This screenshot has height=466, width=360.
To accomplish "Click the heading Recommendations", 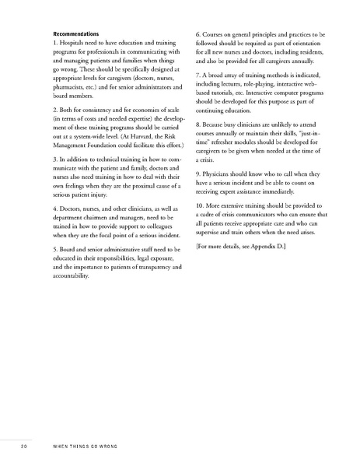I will (x=75, y=35).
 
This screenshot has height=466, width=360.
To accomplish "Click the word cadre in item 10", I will (x=212, y=235).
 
